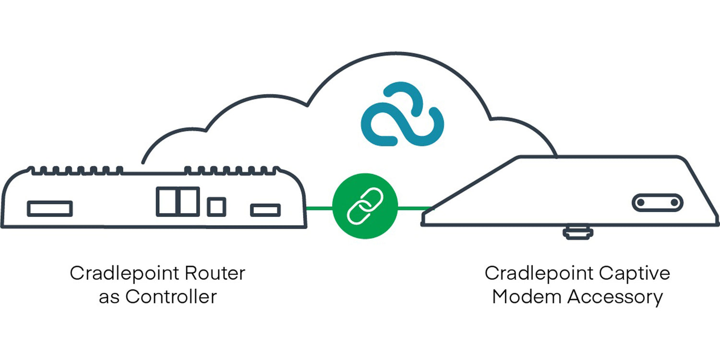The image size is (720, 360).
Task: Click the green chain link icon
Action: (365, 206)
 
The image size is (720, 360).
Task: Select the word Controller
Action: (171, 297)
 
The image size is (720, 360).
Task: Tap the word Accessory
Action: (615, 297)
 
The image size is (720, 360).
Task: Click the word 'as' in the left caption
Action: (109, 297)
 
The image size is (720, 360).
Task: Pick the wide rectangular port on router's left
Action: (50, 208)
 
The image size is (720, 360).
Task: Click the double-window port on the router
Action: (178, 201)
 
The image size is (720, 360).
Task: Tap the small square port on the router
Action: (216, 206)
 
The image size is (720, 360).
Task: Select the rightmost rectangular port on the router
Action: (265, 210)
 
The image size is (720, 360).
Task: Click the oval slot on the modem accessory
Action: (657, 203)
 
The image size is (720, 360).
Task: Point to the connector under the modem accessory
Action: (578, 233)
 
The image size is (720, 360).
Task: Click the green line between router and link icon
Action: (319, 208)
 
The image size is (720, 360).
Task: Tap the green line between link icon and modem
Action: (414, 208)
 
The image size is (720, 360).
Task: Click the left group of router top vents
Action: (77, 169)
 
